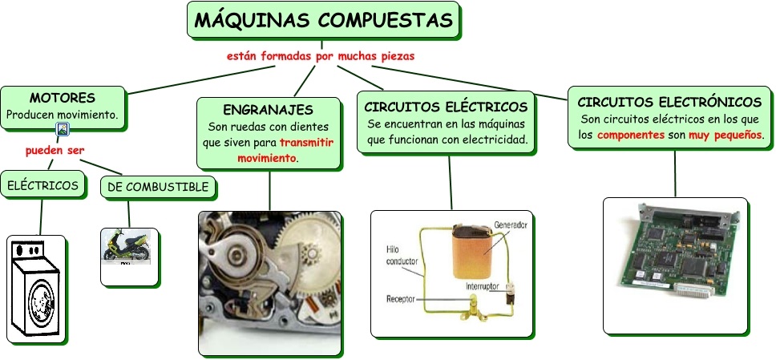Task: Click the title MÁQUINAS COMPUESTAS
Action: coord(324,19)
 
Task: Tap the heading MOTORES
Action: coord(63,98)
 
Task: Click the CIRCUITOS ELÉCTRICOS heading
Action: coord(446,107)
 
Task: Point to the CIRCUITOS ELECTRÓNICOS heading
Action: coord(669,103)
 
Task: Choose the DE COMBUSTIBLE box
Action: coord(158,187)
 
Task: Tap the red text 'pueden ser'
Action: coord(55,150)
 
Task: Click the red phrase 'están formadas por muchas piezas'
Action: coord(321,57)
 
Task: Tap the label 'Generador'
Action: coord(511,225)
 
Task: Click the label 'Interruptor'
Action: coord(483,286)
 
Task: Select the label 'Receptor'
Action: coord(401,299)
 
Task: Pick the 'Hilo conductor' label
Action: coord(402,256)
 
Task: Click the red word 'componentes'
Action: coord(631,136)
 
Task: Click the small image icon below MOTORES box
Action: coord(63,129)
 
